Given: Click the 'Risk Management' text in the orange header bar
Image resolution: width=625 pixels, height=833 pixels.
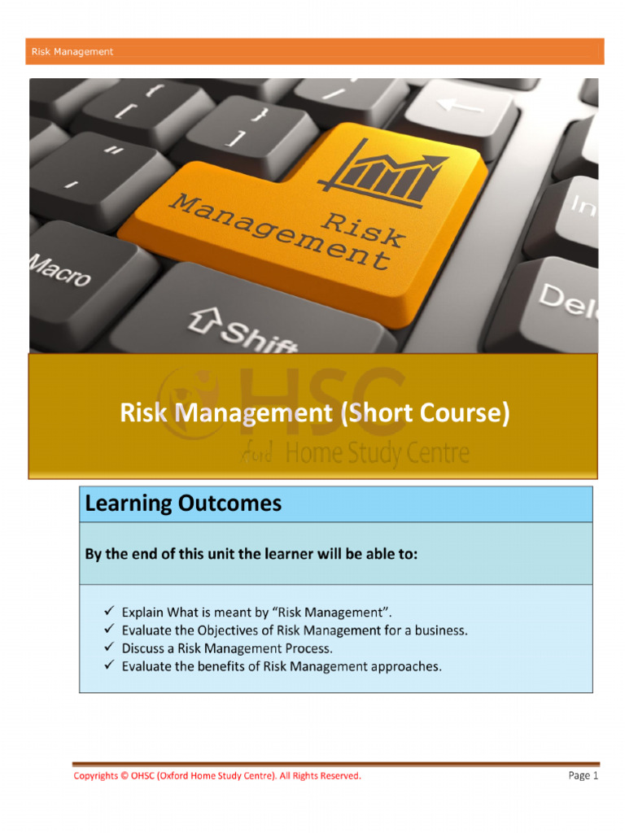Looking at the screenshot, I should click(x=72, y=52).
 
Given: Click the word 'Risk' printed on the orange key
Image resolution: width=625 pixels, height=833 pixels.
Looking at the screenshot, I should click(x=364, y=227).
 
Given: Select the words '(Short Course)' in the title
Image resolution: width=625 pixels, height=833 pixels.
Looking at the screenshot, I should click(x=426, y=413).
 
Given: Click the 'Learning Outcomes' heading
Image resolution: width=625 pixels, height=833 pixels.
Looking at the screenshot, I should click(x=183, y=504).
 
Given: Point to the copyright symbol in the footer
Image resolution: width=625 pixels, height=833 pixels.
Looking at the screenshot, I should click(x=124, y=776).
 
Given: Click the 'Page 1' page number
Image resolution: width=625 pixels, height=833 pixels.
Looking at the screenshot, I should click(x=583, y=776).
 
